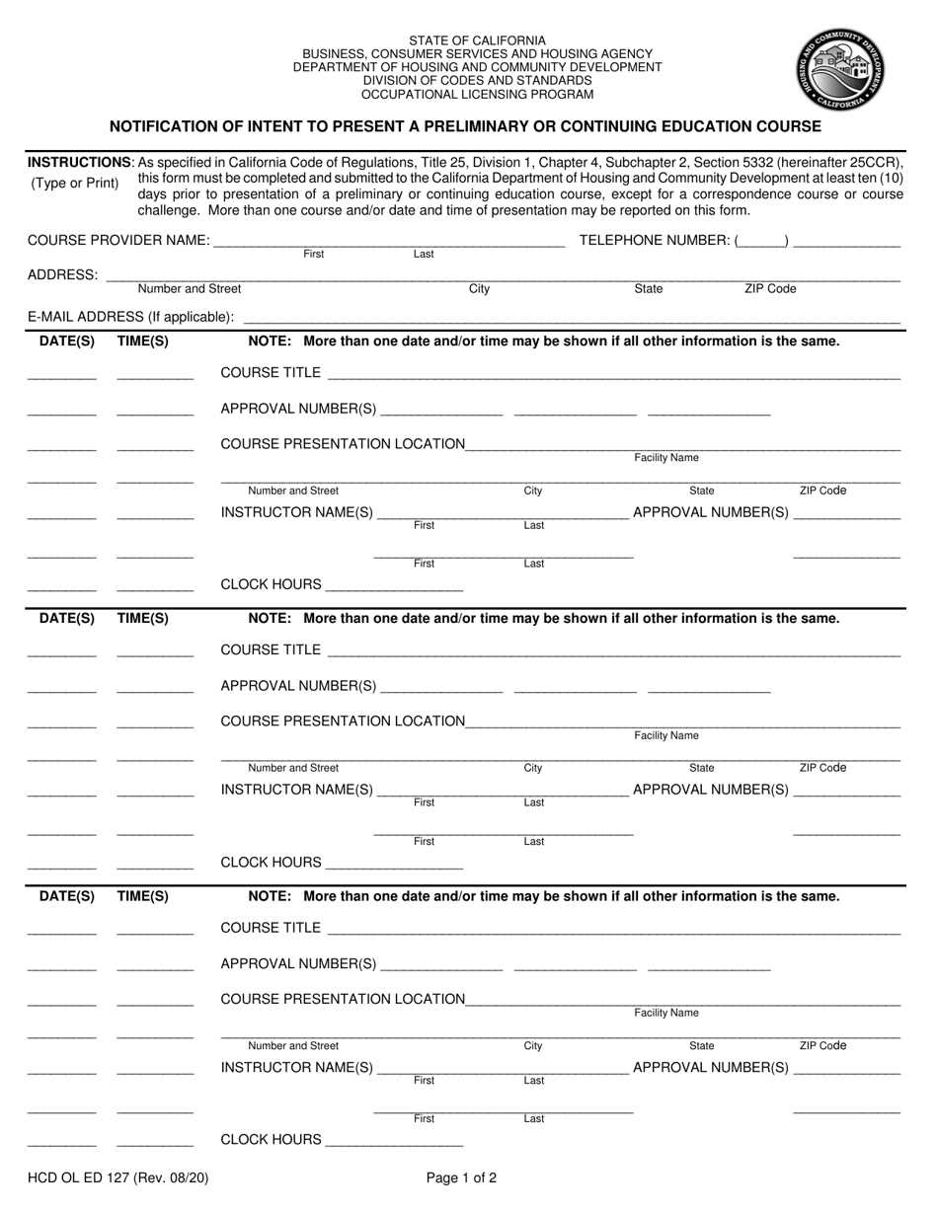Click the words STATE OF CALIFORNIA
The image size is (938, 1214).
coord(477,40)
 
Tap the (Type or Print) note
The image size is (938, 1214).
coord(74,184)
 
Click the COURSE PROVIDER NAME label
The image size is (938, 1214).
coord(118,241)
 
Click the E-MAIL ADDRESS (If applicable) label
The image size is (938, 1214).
coord(131,317)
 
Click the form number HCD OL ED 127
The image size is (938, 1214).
coord(117,1176)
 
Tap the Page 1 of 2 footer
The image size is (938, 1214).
coord(461,1176)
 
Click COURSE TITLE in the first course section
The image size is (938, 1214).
coord(271,373)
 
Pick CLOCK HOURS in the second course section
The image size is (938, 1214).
coord(271,863)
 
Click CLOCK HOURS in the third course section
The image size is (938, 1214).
coord(271,1140)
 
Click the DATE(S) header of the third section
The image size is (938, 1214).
coord(67,896)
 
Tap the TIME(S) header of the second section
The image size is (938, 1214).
coord(143,619)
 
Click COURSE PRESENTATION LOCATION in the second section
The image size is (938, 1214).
coord(343,721)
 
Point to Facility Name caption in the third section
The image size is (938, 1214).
coord(666,1014)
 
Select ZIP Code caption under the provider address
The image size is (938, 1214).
coord(769,289)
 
